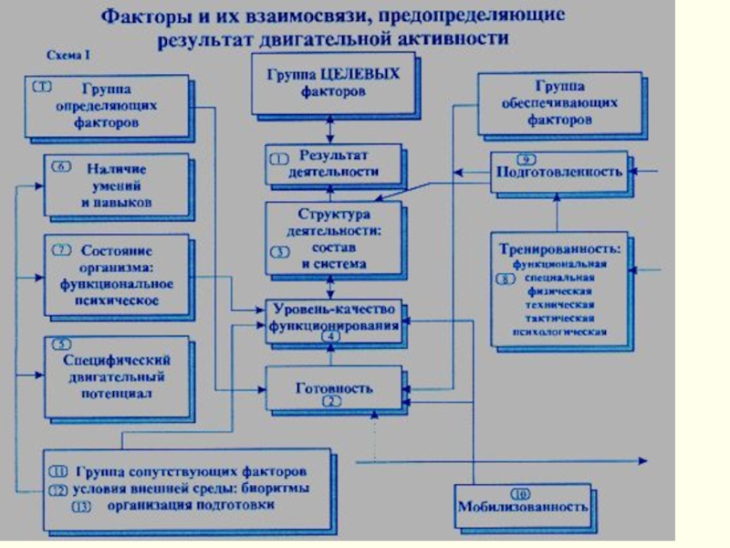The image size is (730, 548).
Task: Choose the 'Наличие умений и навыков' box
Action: coord(116,184)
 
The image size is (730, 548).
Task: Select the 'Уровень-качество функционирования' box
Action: coord(333,319)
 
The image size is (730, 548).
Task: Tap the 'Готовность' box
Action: coord(334,387)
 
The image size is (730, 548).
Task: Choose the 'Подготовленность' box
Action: coord(558,171)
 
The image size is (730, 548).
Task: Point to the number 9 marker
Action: coord(524,156)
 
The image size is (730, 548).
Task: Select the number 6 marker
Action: coord(61,167)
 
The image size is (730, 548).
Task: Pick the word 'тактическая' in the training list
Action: coord(559,318)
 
